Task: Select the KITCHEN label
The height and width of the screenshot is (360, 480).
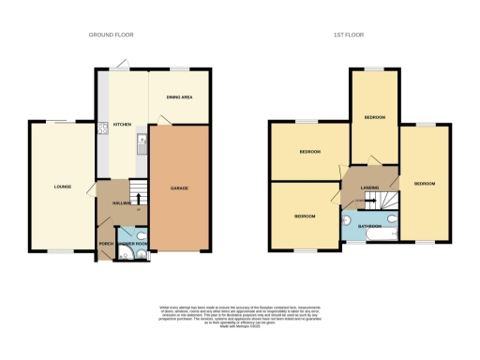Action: (122, 124)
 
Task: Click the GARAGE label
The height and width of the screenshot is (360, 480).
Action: (179, 188)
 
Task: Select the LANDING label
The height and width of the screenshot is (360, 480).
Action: (370, 187)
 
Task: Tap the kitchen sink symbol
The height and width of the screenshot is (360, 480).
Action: (142, 143)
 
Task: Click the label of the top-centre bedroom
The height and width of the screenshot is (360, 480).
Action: (375, 117)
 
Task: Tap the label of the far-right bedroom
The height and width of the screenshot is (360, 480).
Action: (425, 183)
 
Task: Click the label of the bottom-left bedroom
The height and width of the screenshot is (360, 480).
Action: (305, 217)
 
